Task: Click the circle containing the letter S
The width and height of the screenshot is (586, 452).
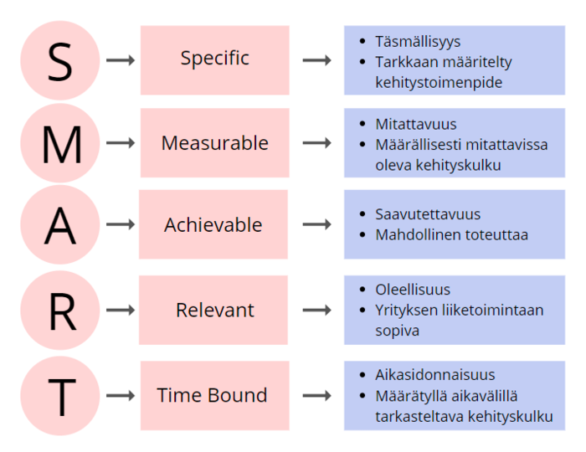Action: [60, 60]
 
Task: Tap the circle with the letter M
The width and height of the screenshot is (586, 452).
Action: [60, 142]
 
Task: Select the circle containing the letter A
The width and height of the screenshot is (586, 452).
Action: [60, 224]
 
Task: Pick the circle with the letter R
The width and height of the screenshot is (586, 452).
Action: [60, 310]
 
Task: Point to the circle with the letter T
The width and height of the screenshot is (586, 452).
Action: [60, 396]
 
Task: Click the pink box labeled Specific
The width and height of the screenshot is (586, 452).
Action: [215, 60]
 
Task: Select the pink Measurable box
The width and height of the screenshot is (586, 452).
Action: [215, 142]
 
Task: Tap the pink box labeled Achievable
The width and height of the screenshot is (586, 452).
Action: [213, 224]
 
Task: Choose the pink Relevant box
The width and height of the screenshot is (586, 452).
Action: [213, 310]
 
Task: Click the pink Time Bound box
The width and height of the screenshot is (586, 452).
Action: [215, 396]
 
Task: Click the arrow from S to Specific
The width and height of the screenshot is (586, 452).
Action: [121, 60]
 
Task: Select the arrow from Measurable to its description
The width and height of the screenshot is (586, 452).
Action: [317, 142]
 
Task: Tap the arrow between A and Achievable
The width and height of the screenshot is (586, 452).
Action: [121, 224]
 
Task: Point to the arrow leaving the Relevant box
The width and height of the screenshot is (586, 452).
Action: [317, 310]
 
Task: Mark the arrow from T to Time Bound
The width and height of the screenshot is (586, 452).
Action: [121, 396]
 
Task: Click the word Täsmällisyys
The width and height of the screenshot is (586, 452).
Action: [418, 42]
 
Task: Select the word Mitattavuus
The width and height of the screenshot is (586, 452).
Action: [416, 124]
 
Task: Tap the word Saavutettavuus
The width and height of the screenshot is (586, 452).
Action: [428, 214]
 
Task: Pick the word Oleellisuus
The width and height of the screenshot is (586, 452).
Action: [413, 290]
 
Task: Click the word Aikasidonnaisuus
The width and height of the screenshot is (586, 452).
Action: [435, 375]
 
